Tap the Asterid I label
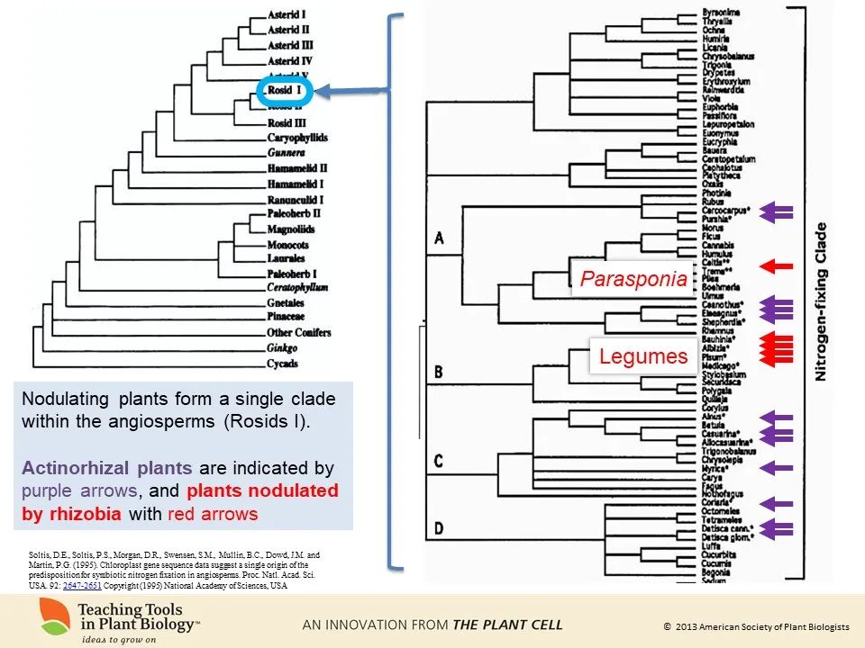[x=288, y=15]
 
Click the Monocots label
[x=288, y=245]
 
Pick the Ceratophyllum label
[x=297, y=287]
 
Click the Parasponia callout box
[x=633, y=279]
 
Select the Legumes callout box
[x=643, y=356]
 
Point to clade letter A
[x=439, y=238]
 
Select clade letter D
[x=439, y=529]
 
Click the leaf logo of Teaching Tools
[x=55, y=618]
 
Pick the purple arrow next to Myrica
[x=776, y=467]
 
